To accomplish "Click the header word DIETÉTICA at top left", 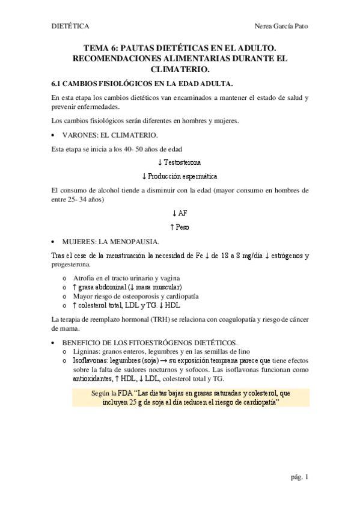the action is pyautogui.click(x=70, y=26).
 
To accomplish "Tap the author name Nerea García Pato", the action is pyautogui.click(x=282, y=26).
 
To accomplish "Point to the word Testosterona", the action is pyautogui.click(x=182, y=162).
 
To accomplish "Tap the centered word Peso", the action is pyautogui.click(x=183, y=227).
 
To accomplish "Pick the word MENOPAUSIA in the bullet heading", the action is pyautogui.click(x=135, y=241).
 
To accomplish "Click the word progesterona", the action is pyautogui.click(x=72, y=264).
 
